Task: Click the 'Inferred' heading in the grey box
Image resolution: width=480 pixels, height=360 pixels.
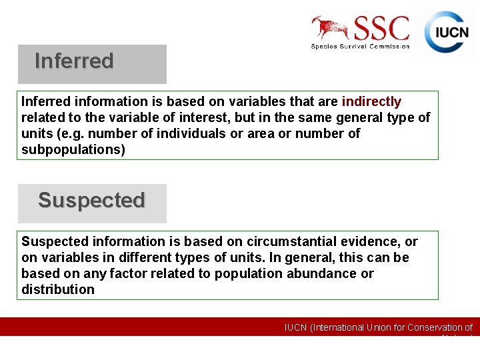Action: pyautogui.click(x=74, y=61)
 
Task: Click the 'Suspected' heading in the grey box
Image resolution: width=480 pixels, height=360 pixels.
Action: pyautogui.click(x=91, y=201)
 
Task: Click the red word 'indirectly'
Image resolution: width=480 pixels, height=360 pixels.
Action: pyautogui.click(x=371, y=102)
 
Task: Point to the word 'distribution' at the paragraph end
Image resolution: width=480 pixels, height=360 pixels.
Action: pyautogui.click(x=58, y=289)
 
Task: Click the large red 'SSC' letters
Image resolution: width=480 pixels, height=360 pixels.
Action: pyautogui.click(x=381, y=29)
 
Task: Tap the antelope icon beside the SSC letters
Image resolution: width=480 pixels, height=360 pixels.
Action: pyautogui.click(x=330, y=28)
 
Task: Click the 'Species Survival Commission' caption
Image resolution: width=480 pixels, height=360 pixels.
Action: pyautogui.click(x=360, y=47)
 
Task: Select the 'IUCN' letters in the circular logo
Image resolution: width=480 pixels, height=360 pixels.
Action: pyautogui.click(x=452, y=32)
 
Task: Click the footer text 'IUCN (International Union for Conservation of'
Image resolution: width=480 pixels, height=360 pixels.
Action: pyautogui.click(x=378, y=327)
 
